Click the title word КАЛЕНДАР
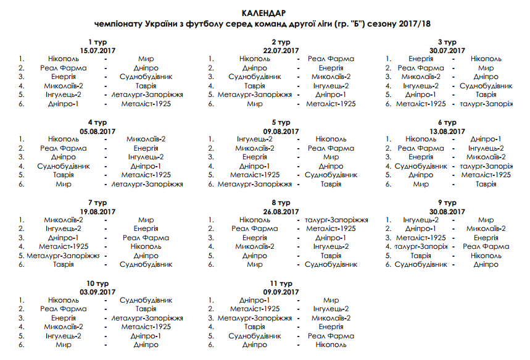point(264,13)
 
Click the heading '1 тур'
point(98,41)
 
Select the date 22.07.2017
point(281,50)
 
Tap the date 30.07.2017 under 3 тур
point(447,50)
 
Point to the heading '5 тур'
point(281,122)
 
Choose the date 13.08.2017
point(447,131)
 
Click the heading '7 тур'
point(98,203)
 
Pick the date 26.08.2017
point(281,211)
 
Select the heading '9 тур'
point(447,203)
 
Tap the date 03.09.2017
point(98,291)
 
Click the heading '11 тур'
point(281,283)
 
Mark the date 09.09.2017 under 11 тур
point(281,291)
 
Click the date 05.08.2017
point(98,131)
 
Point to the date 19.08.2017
point(98,211)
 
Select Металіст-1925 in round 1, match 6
point(146,104)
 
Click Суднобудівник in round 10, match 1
point(146,300)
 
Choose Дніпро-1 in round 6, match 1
point(486,140)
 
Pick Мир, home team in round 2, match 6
point(255,104)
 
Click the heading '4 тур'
point(98,122)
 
